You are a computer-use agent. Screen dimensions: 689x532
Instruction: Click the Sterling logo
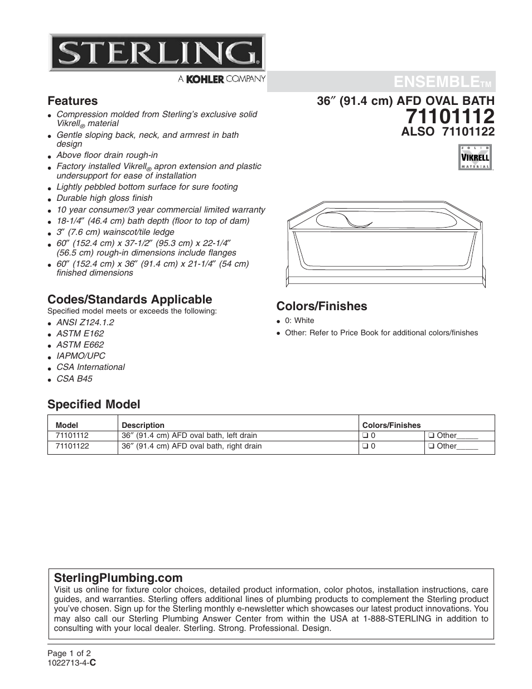(x=157, y=52)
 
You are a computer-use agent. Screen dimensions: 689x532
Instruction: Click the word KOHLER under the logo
(x=205, y=80)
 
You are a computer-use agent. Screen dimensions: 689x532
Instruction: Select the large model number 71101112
(x=450, y=116)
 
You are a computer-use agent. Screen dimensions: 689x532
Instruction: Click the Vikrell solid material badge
(x=475, y=157)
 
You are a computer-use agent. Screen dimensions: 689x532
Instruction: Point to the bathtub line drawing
(x=385, y=245)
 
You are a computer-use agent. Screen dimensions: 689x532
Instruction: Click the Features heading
(x=72, y=101)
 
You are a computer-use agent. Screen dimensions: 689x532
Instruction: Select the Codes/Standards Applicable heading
(x=129, y=299)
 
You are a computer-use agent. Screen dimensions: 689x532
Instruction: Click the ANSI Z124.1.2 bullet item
(x=85, y=322)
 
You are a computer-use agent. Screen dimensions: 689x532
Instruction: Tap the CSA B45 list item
(x=74, y=378)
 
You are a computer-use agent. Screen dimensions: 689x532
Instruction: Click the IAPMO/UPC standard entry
(x=80, y=356)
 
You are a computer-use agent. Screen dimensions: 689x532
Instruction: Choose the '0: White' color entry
(x=299, y=320)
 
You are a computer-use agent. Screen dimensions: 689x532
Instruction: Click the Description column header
(x=143, y=425)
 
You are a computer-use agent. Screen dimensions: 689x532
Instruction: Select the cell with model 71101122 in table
(x=72, y=446)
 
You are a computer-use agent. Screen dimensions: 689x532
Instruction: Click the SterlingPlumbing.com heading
(x=118, y=577)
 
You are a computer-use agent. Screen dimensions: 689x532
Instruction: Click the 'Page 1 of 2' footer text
(x=69, y=653)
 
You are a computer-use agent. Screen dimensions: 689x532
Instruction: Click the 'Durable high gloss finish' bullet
(x=104, y=198)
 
